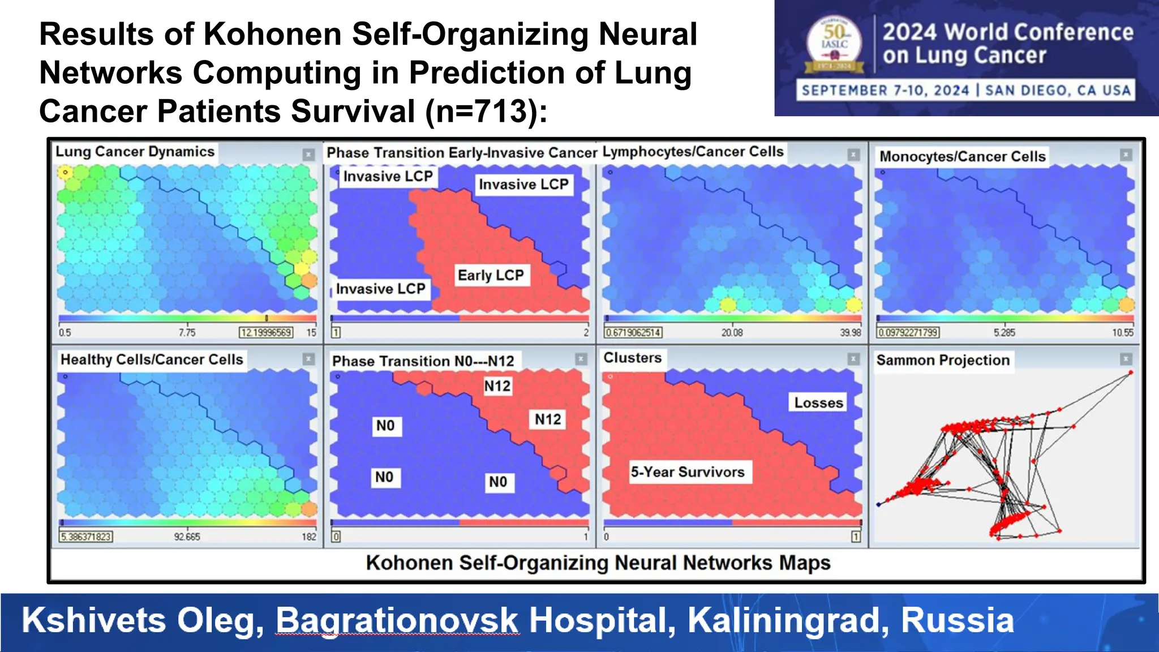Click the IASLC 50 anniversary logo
(834, 45)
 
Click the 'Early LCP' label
(491, 276)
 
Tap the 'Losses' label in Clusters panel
(818, 403)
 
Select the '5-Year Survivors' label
(688, 472)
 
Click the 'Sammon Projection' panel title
(943, 361)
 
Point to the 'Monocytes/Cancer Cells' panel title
(962, 157)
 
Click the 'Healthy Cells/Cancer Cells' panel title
(152, 360)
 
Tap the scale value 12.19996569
(266, 333)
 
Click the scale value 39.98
(850, 333)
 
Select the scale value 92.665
(187, 537)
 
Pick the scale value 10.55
(1123, 333)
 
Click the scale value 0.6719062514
(633, 333)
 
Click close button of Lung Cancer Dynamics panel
(308, 155)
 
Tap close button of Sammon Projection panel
(1126, 359)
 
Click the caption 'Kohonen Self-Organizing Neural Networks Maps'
(598, 563)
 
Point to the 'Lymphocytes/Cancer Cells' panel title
(693, 152)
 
